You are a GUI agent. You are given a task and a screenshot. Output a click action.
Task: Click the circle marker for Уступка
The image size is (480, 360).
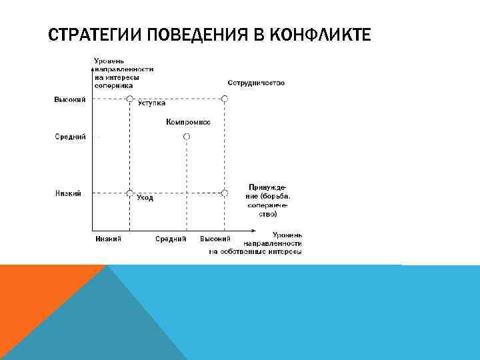point(131,99)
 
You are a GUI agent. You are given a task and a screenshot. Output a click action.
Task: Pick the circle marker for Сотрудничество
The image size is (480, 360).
point(225,99)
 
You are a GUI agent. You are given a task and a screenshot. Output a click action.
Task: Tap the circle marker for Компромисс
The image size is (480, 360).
point(187,136)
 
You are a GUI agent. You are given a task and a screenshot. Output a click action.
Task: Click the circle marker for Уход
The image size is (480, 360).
point(131,193)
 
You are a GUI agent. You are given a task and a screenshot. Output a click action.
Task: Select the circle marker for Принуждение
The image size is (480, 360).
point(225,193)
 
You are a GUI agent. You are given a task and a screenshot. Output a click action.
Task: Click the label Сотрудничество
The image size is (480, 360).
point(256,83)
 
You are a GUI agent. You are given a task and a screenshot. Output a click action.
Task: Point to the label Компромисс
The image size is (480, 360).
point(188,123)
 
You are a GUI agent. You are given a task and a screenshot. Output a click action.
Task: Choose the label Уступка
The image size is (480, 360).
point(151,103)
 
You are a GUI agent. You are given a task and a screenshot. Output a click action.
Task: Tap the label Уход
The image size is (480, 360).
point(145,198)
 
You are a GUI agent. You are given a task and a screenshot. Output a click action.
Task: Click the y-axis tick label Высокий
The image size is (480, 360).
point(70,100)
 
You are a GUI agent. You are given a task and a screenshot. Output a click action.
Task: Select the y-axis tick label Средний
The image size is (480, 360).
point(70,137)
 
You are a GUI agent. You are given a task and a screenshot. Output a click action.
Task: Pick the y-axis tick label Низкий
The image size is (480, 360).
point(68,194)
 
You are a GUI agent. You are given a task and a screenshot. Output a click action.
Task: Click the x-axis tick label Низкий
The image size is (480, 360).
point(108,239)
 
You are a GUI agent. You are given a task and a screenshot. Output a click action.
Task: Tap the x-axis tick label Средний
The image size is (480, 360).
point(171,239)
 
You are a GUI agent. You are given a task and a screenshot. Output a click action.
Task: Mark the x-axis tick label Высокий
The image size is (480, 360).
point(215,239)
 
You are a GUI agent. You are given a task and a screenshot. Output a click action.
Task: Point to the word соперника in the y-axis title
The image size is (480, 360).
point(113,85)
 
